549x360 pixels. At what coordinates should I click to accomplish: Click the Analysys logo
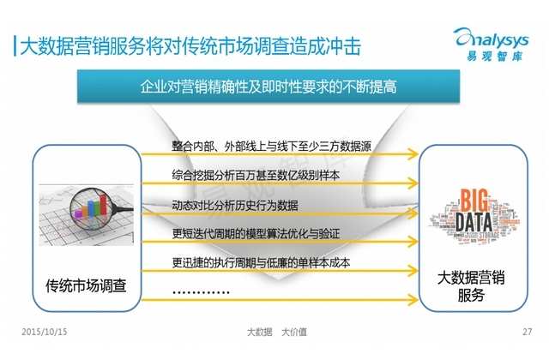coord(492,44)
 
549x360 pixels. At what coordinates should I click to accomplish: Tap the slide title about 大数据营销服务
coord(190,45)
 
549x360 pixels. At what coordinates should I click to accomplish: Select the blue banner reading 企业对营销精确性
coord(268,86)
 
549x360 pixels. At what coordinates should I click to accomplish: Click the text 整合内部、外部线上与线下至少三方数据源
coord(271,146)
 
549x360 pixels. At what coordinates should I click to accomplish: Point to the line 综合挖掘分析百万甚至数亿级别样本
coord(256,175)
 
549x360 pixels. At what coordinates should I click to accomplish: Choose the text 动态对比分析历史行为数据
coord(235,205)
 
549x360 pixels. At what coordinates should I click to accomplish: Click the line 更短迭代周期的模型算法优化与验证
coord(256,233)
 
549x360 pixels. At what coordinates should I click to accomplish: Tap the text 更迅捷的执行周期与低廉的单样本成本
coord(261,262)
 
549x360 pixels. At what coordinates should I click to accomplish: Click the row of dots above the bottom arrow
coord(201,292)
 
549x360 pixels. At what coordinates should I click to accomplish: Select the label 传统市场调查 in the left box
coord(86,285)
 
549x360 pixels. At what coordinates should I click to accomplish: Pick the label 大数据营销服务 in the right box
coord(471,286)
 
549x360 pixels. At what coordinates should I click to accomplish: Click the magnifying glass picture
coord(86,215)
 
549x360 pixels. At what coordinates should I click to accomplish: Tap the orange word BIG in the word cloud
coord(474,200)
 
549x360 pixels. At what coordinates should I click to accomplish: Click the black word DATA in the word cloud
coord(474,222)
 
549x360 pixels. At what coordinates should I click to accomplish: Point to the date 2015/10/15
coord(44,332)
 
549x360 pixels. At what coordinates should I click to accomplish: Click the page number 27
coord(528,332)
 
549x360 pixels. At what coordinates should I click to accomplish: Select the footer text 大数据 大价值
coord(276,332)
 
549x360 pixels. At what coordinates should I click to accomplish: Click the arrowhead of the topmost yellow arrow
coord(413,154)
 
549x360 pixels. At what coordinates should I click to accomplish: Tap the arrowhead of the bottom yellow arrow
coord(413,299)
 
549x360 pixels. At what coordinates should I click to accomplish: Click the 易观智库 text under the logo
coord(494,56)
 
